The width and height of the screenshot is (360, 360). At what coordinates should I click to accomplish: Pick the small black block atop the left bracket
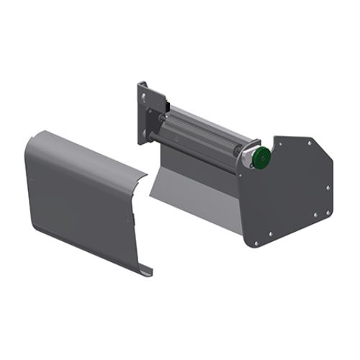pos(143,84)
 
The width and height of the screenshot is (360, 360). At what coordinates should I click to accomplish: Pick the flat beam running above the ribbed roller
pos(209,119)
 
